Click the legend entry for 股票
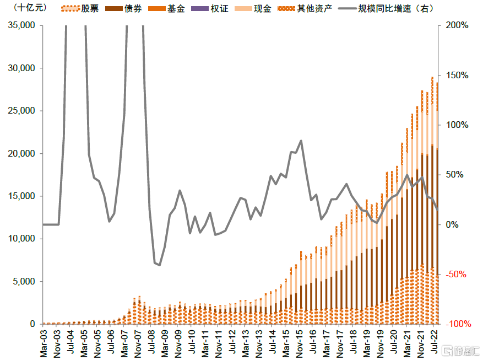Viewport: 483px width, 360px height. click(80, 9)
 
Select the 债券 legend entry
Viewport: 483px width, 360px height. click(123, 9)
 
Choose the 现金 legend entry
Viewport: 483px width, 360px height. click(253, 9)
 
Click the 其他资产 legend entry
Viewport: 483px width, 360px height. click(305, 9)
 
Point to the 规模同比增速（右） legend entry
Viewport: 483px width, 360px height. click(387, 9)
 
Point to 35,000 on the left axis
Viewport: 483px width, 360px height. click(21, 25)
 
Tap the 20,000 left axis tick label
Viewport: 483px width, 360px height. click(21, 153)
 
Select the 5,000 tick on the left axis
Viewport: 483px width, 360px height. click(24, 281)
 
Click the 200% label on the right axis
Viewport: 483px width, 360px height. click(457, 25)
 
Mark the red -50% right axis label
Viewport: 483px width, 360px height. click(456, 275)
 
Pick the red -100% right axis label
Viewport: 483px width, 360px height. click(459, 324)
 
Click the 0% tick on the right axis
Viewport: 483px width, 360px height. click(452, 225)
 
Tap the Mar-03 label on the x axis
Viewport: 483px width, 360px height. click(44, 343)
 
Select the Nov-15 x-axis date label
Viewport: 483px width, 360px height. click(300, 343)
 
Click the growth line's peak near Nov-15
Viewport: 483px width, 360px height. click(301, 141)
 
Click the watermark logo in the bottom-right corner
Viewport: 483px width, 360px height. click(461, 351)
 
